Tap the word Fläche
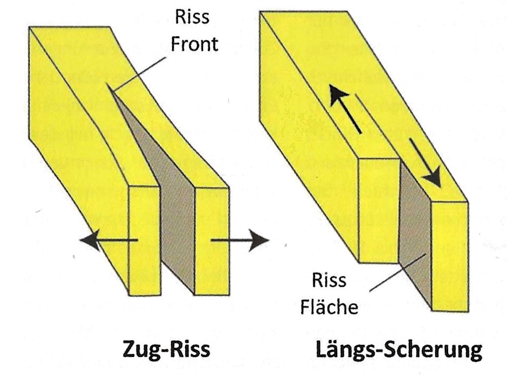(334, 308)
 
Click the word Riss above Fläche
(329, 281)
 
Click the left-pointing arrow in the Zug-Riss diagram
(108, 240)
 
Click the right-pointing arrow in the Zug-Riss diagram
(240, 240)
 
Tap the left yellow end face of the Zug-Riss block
(144, 240)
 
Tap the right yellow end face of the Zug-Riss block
(212, 240)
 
